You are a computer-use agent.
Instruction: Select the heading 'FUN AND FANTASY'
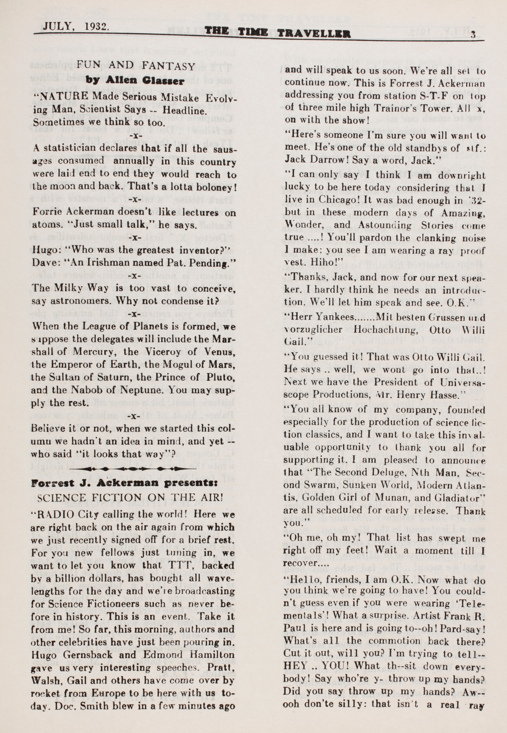pos(135,66)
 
